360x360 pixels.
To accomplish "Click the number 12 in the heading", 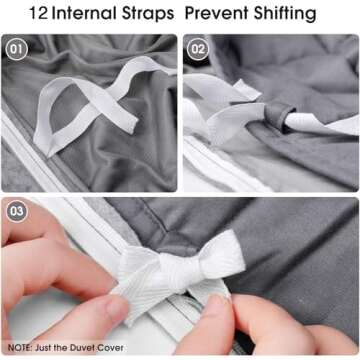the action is (38, 13).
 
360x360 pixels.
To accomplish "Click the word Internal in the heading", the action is (84, 13).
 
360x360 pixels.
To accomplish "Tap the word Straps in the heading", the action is (148, 14).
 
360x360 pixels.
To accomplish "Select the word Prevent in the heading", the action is (217, 13).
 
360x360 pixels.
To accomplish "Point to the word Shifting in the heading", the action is (285, 14).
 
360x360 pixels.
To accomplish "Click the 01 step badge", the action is (17, 49).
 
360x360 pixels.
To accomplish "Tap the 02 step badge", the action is (198, 49).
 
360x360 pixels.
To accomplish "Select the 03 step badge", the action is (17, 211).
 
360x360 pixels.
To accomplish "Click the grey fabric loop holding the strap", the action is (279, 116).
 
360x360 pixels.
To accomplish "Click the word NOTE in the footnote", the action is (19, 348).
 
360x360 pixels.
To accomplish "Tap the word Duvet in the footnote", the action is (83, 348).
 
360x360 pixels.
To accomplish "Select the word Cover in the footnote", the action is (111, 348).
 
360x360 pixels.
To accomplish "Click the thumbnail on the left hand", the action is (117, 305).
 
